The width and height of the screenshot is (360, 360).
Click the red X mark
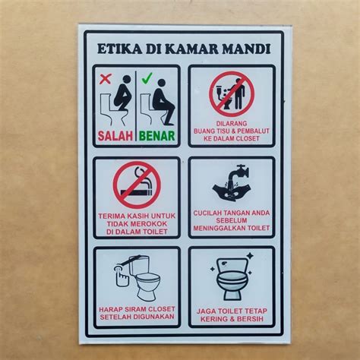(106, 79)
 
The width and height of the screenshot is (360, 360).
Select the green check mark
(147, 77)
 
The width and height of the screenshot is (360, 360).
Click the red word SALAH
(115, 136)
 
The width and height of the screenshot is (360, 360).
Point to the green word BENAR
(157, 136)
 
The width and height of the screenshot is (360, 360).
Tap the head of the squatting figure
(126, 80)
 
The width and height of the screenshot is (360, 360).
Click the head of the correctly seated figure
(161, 84)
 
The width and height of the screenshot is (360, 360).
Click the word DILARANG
(232, 124)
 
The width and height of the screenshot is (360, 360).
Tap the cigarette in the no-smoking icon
(137, 192)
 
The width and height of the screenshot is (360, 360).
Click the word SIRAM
(136, 309)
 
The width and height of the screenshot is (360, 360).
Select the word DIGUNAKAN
(153, 317)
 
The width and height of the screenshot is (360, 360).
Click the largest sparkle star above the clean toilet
(250, 255)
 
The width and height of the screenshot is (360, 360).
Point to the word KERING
(213, 319)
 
